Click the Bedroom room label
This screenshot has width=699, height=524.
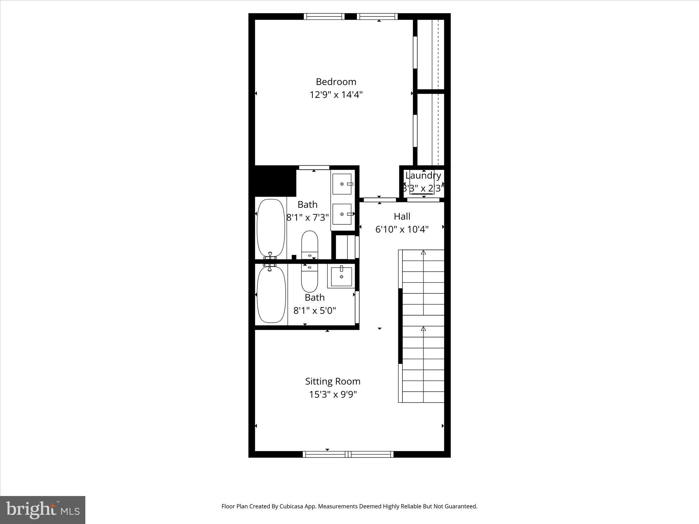coord(336,82)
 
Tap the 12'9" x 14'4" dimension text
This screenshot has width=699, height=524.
coord(336,95)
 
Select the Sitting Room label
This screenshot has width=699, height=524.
coord(332,381)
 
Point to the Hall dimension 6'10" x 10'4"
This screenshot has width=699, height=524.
coord(402,229)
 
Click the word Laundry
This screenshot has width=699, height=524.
coord(423,176)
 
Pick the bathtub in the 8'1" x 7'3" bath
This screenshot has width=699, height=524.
coord(271,228)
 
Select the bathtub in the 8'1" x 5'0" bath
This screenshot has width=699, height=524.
coord(271,294)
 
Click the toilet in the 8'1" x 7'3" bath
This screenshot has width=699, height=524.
coord(310,245)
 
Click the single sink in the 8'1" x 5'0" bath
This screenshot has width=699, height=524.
coord(341,276)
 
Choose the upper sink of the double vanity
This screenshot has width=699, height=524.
coord(342,184)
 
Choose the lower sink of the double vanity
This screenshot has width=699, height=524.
coord(342,214)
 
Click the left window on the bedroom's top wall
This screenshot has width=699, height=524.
coord(324,16)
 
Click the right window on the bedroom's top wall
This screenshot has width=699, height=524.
coord(377,16)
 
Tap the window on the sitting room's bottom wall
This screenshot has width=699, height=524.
coord(348,454)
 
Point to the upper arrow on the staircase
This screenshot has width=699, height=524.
coord(423,253)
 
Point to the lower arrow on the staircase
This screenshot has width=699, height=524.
coord(423,329)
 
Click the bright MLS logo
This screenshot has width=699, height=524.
coord(43,510)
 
